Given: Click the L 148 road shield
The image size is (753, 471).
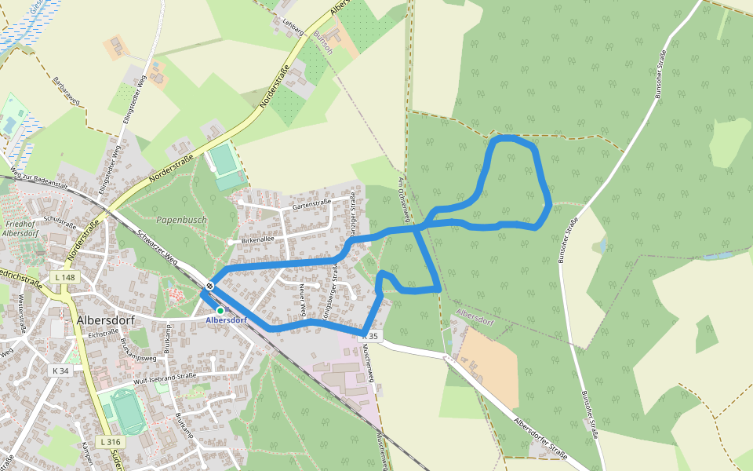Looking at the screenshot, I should click(65, 278).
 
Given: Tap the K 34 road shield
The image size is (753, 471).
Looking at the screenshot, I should click(60, 370).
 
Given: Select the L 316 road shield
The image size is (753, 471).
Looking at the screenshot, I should click(110, 442).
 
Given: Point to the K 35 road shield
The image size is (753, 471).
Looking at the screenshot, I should click(370, 336).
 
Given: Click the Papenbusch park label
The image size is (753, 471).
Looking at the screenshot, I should click(181, 220).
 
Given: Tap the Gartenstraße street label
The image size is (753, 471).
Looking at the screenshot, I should click(311, 203).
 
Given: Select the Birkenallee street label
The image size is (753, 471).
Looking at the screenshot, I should click(258, 239).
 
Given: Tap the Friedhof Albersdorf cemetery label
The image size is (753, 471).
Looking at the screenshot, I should click(21, 228).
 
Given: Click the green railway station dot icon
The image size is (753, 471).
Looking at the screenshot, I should click(220, 311).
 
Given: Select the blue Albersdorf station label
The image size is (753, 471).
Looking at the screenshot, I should click(227, 320).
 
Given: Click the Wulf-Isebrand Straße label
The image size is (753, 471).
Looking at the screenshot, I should click(165, 377).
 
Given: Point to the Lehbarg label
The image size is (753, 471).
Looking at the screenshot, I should click(293, 26).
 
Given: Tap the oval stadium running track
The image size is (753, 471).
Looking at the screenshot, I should click(126, 411).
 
